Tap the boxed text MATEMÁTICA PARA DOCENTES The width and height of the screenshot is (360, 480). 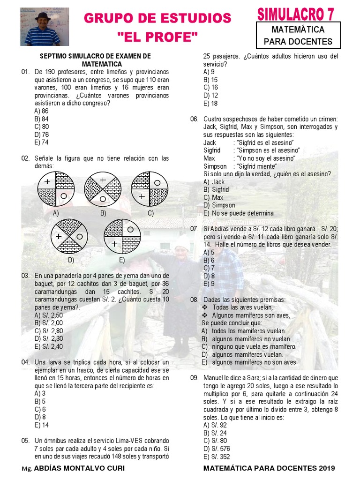pyautogui.click(x=298, y=36)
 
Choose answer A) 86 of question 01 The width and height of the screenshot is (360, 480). pyautogui.click(x=41, y=111)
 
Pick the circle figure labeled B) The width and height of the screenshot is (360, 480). pyautogui.click(x=103, y=189)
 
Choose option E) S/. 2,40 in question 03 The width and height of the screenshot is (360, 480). pyautogui.click(x=48, y=346)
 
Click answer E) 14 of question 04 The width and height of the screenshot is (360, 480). pyautogui.click(x=41, y=425)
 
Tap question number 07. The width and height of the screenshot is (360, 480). pyautogui.click(x=194, y=229)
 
